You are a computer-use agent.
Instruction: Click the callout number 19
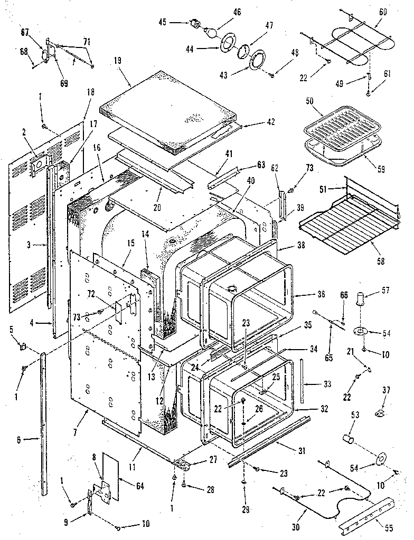click(x=117, y=61)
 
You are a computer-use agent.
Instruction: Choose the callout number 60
click(x=383, y=11)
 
